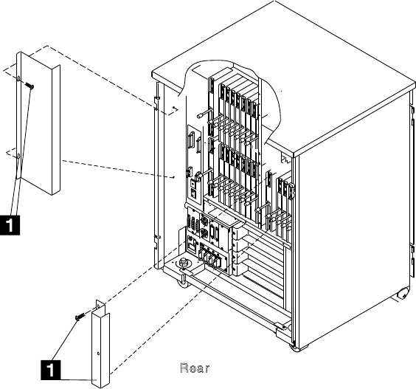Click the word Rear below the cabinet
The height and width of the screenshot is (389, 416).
pyautogui.click(x=195, y=368)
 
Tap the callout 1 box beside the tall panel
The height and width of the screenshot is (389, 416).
pyautogui.click(x=10, y=225)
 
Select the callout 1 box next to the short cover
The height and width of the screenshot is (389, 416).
pyautogui.click(x=51, y=370)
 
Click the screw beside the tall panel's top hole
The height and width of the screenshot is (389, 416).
pyautogui.click(x=30, y=85)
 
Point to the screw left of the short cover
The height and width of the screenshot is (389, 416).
pyautogui.click(x=80, y=316)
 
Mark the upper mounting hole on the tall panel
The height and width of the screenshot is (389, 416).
pyautogui.click(x=19, y=78)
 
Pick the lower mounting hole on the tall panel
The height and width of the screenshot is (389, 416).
pyautogui.click(x=19, y=156)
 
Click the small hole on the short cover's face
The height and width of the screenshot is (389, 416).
pyautogui.click(x=98, y=354)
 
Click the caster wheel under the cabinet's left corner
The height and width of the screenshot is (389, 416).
pyautogui.click(x=182, y=282)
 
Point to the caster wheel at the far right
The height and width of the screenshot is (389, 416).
pyautogui.click(x=403, y=295)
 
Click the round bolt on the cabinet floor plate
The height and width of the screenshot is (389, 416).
pyautogui.click(x=182, y=263)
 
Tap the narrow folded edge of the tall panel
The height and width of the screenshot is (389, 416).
pyautogui.click(x=56, y=130)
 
